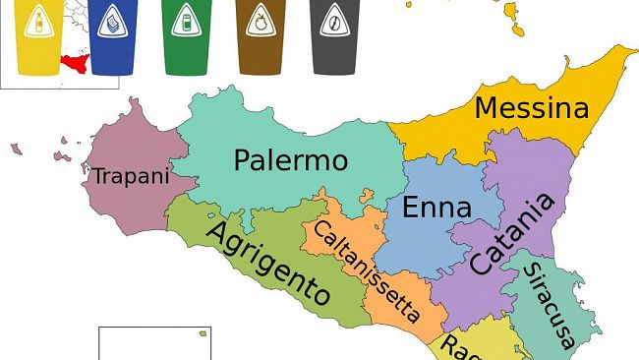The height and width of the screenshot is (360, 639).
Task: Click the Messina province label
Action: tap(531, 108)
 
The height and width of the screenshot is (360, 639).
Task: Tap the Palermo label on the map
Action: tap(291, 159)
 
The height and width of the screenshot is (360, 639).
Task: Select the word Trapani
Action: tap(131, 176)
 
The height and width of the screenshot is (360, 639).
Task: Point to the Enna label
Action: tap(437, 209)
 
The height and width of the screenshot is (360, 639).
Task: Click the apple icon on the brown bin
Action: tap(261, 21)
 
